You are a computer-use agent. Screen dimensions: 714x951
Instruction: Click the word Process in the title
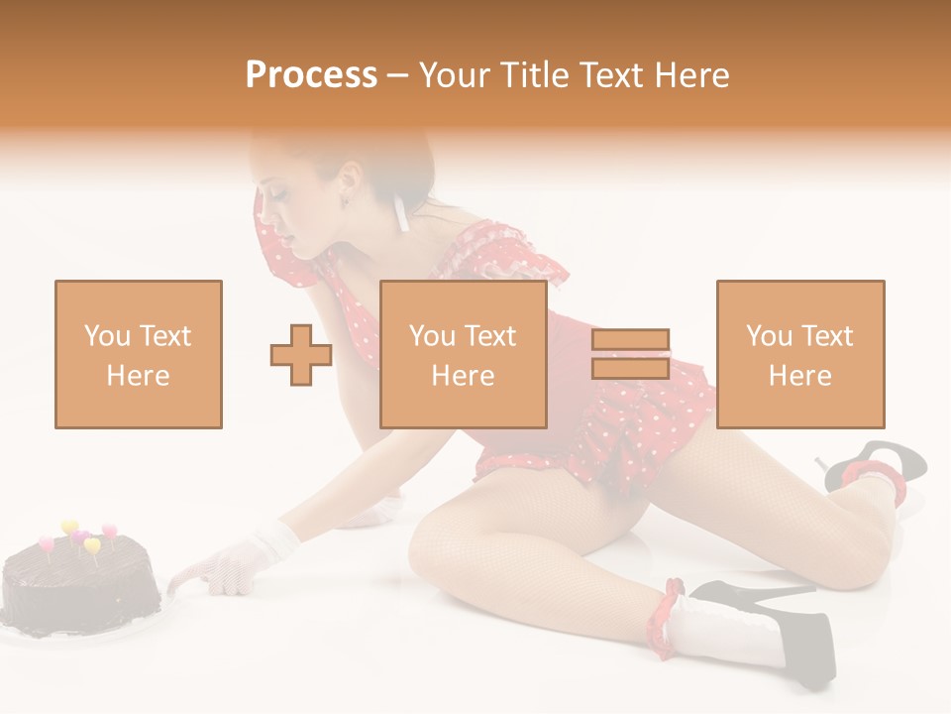311,75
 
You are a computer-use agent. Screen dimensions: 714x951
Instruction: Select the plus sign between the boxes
301,354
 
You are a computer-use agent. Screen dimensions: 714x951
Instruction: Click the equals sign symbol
630,354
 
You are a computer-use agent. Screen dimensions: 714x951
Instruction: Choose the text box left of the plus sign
138,354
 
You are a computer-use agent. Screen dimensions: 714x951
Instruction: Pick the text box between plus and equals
463,354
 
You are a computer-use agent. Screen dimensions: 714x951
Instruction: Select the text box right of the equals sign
799,354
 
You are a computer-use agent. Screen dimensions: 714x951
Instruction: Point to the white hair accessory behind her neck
401,212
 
